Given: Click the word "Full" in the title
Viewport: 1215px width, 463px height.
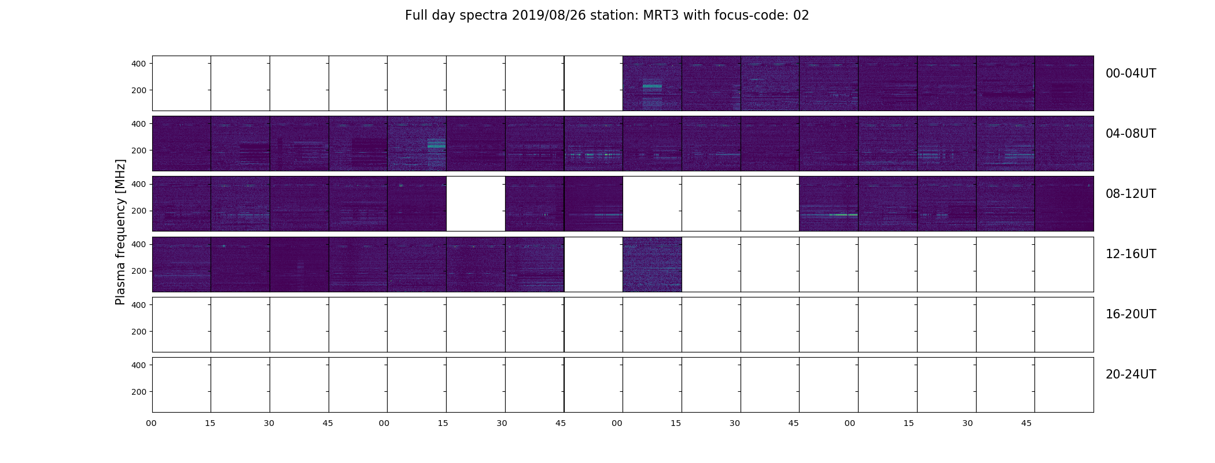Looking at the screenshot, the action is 415,16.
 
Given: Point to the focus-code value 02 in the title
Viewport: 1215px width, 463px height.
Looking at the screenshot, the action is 801,16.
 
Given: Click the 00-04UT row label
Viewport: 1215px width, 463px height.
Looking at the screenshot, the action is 1131,74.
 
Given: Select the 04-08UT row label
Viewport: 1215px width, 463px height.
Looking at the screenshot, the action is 1131,134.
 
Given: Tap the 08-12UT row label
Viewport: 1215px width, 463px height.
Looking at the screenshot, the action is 1131,194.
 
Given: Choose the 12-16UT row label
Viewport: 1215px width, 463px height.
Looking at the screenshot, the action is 1131,254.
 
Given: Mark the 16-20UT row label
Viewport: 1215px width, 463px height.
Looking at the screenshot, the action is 1131,314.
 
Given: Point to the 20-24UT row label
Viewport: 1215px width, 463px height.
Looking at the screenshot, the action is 1131,374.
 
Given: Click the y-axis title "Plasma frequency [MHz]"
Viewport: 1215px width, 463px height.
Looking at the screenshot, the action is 120,232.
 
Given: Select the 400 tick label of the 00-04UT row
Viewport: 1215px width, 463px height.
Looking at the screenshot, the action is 139,64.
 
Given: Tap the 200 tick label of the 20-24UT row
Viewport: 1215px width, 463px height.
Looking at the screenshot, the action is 139,392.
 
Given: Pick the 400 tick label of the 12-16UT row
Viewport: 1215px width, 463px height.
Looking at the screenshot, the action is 139,244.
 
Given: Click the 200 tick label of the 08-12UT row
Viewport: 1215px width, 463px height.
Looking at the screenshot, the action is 139,211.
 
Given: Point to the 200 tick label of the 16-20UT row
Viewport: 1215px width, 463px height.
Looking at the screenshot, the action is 139,332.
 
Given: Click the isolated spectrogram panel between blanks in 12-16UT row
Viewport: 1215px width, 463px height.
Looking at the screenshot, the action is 652,264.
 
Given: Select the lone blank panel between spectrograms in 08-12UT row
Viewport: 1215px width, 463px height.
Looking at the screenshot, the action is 476,204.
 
